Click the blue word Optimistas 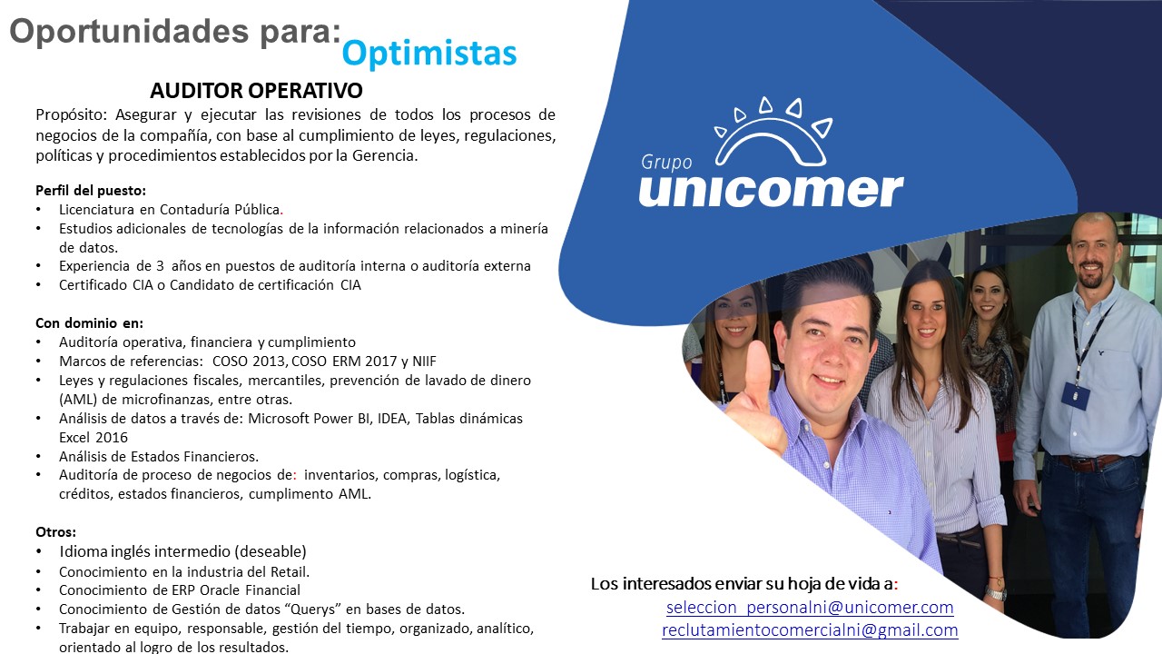(429, 54)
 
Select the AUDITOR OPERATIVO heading (256, 90)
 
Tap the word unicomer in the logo (772, 190)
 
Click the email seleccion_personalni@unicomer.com (810, 607)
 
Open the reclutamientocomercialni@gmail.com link (810, 629)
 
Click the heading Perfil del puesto (91, 191)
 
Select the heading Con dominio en (89, 322)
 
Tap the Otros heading (55, 532)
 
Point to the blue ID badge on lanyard (1075, 395)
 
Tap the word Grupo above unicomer (666, 163)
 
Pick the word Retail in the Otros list (290, 571)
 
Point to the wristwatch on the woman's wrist (995, 592)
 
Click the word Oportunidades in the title (130, 31)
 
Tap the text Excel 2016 (94, 437)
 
